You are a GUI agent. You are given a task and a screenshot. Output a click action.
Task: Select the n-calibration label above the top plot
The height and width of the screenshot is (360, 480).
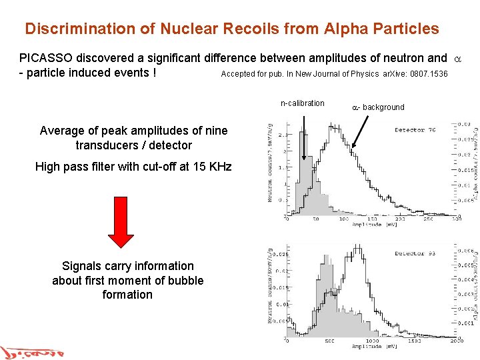click(303, 103)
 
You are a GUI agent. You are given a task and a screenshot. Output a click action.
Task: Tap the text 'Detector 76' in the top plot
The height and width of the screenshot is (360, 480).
click(415, 130)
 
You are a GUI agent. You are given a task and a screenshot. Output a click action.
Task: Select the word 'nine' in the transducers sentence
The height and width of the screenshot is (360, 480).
click(215, 131)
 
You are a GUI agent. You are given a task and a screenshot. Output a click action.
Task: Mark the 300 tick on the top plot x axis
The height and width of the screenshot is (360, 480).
click(455, 219)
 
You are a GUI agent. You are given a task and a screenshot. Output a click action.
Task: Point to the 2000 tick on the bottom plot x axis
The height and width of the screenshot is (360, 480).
click(455, 341)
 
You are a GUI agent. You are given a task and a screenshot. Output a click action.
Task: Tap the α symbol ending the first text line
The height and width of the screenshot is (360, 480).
click(457, 58)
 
